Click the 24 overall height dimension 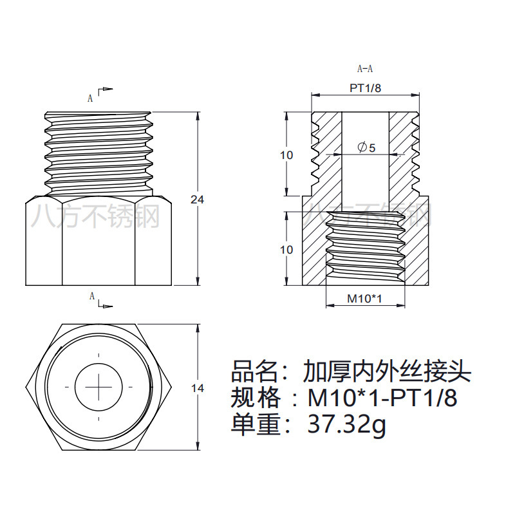tap(197, 200)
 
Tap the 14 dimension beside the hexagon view tap(197, 388)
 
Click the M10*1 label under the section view tap(365, 299)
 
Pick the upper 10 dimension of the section tap(287, 155)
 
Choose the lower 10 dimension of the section tap(287, 249)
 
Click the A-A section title tap(365, 69)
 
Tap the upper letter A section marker tap(91, 98)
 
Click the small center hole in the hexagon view tap(98, 388)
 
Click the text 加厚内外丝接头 tap(388, 371)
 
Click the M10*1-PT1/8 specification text tap(382, 398)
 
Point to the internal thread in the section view tap(365, 248)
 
